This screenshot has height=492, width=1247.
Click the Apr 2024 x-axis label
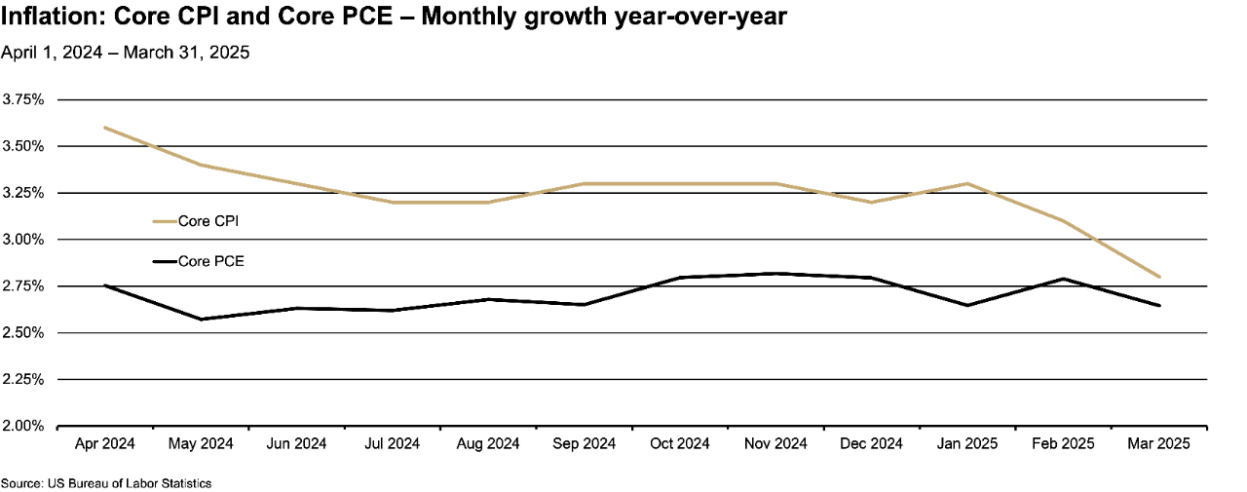coord(104,444)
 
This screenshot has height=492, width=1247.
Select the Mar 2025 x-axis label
coord(1158,444)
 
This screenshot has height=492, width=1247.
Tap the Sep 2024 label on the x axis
coord(584,444)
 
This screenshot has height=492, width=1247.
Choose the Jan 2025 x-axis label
coord(966,444)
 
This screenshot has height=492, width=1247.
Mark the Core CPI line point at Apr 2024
coord(104,128)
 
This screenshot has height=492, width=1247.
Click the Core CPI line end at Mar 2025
coord(1158,277)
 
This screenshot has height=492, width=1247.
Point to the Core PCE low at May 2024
coord(201,319)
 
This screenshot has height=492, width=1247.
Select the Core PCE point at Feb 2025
coord(1063,279)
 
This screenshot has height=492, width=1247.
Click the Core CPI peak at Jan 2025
coord(966,183)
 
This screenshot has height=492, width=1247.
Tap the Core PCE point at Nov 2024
coord(775,274)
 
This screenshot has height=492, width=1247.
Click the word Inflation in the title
coord(43,18)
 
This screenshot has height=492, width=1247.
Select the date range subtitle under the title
coord(125,53)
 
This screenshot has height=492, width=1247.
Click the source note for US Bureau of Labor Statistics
coord(105,483)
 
